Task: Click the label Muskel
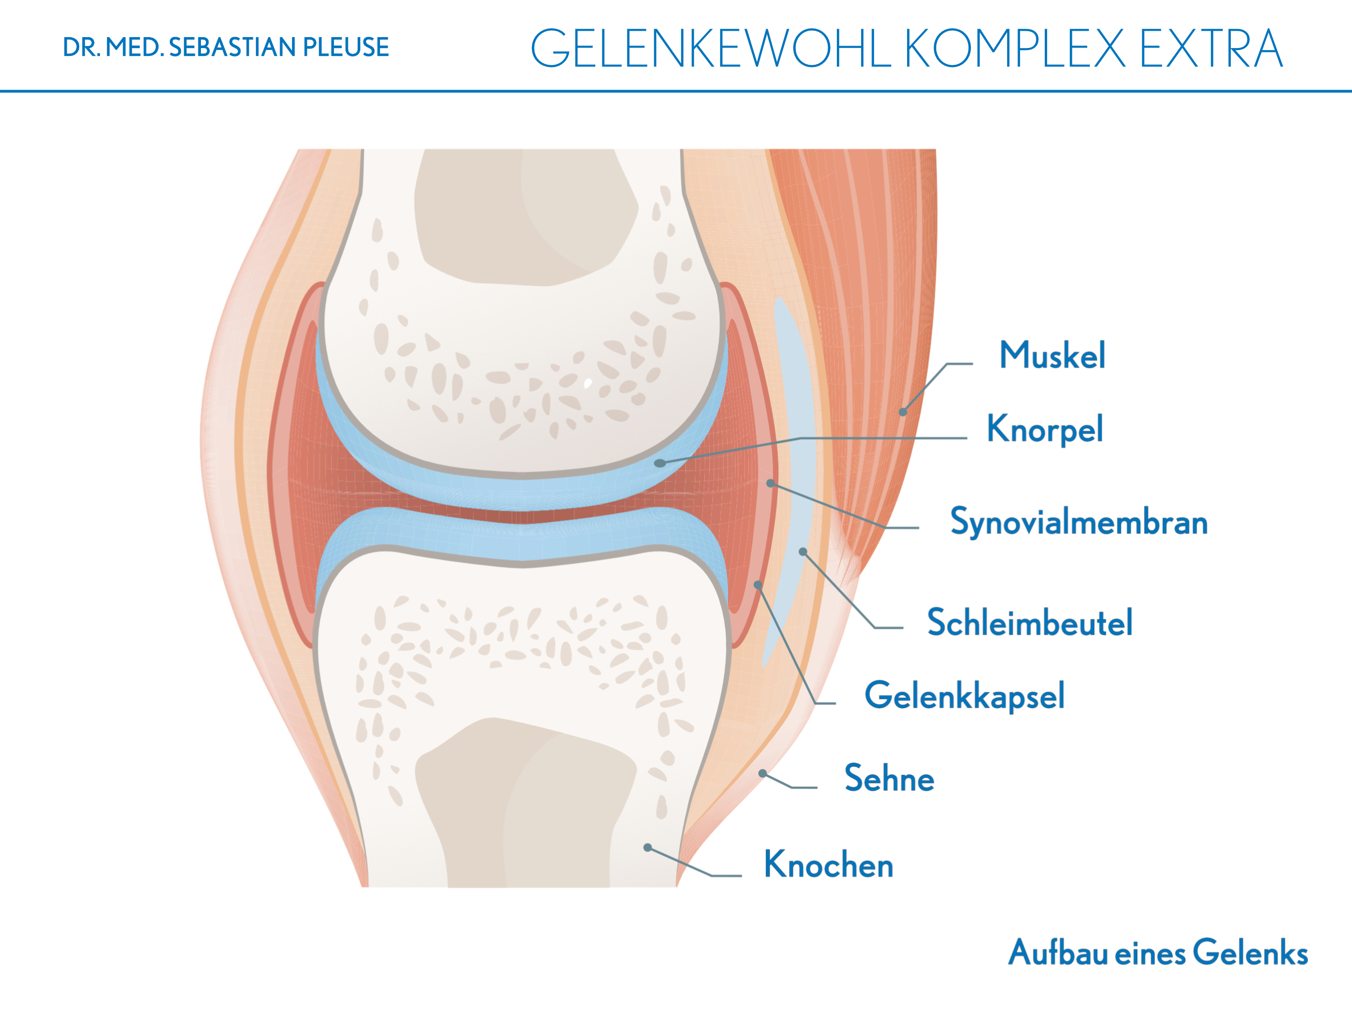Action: pos(1052,355)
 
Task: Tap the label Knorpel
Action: pos(1045,429)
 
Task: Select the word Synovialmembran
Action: pos(1079,522)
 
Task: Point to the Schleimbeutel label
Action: pos(1030,622)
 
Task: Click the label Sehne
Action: pos(889,778)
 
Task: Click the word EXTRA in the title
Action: pos(1211,49)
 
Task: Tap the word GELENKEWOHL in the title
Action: pos(711,49)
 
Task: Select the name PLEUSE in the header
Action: pos(346,48)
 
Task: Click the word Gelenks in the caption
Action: pos(1250,953)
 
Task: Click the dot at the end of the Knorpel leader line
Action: pos(660,463)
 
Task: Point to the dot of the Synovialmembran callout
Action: pos(771,483)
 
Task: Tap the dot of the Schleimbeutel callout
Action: pos(803,552)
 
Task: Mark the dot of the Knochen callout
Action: pos(647,847)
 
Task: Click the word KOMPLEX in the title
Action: pos(1014,49)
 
